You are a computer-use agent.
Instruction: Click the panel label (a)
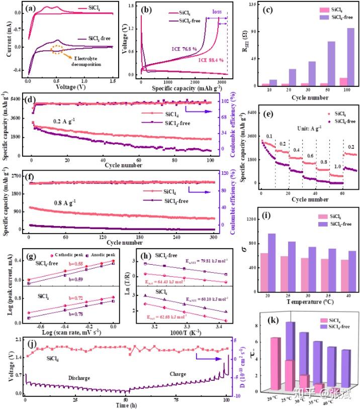[29, 8]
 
